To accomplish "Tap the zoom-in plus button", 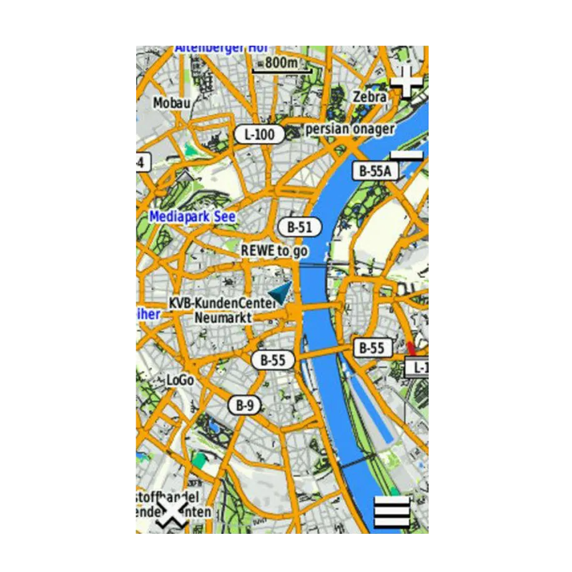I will click(x=407, y=83).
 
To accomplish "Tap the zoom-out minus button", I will click(x=407, y=155).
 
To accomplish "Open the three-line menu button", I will click(x=392, y=513).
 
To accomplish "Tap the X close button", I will click(x=172, y=513).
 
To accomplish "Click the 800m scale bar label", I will click(x=281, y=63).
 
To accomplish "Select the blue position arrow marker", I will click(x=281, y=292).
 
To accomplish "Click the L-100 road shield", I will click(x=259, y=134).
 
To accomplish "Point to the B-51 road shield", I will click(x=299, y=228).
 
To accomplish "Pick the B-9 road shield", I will click(x=244, y=405).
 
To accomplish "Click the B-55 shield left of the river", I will click(x=273, y=360).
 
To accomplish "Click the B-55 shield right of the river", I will click(x=372, y=348).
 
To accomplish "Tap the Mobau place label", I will click(x=172, y=102).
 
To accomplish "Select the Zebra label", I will click(x=370, y=97).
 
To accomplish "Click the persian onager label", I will click(x=350, y=129).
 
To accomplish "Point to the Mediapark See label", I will click(x=192, y=217).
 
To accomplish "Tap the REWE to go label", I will click(x=275, y=250).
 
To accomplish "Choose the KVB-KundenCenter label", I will click(x=222, y=303).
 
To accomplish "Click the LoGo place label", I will click(x=180, y=380).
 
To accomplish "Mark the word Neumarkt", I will click(x=223, y=317).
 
